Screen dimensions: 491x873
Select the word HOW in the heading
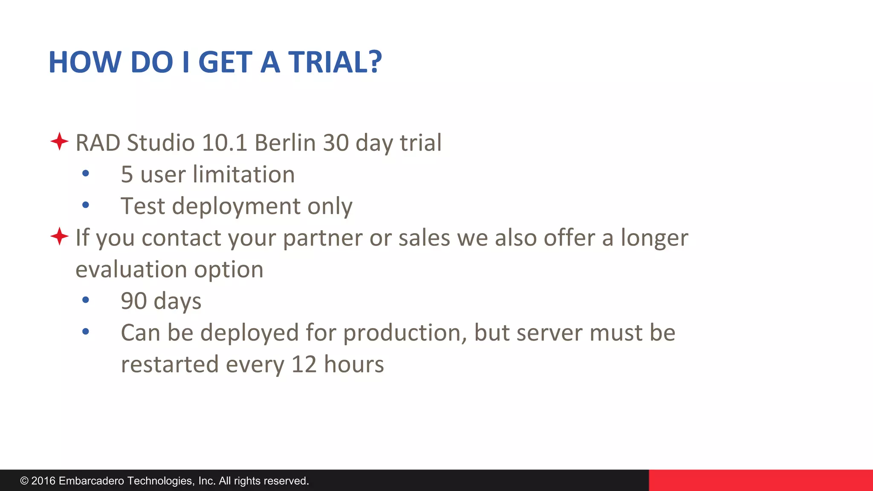(85, 62)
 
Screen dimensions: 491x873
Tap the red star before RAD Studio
(59, 141)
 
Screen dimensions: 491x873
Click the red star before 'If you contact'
(59, 236)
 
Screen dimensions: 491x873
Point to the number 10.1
(224, 143)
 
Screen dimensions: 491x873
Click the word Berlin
(285, 143)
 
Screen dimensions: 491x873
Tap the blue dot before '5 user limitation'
(86, 173)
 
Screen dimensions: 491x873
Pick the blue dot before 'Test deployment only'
(86, 205)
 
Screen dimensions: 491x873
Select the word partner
(322, 238)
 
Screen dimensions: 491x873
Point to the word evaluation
(131, 270)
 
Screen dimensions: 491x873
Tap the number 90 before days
(134, 301)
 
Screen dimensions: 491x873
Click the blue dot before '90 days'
(86, 300)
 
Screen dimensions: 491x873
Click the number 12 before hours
(304, 365)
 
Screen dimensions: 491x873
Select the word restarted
(170, 365)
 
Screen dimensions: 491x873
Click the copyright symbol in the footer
(24, 481)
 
